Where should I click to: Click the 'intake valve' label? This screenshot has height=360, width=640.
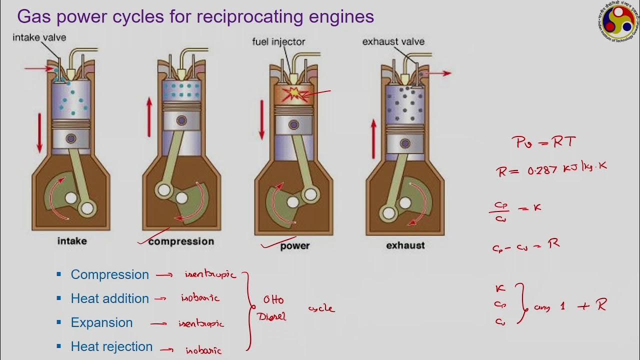point(39,37)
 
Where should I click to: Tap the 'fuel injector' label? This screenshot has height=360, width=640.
point(278,42)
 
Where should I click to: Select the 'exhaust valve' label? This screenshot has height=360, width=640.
point(393,41)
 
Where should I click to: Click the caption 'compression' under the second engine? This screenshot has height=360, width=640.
point(181,241)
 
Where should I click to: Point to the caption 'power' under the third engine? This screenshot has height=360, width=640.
point(295,245)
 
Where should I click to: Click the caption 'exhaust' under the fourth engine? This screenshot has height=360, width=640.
point(405,245)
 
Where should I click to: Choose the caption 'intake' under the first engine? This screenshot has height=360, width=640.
point(72,241)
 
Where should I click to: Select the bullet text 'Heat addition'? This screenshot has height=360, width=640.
point(110,298)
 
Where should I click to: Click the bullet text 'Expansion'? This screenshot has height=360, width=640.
point(102,322)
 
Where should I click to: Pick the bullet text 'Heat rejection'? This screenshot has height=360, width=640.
point(112,346)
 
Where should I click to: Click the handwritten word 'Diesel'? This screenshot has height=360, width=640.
point(271,316)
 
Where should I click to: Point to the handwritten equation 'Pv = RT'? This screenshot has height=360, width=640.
point(543,142)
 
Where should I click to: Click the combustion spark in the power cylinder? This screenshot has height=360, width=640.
point(292,94)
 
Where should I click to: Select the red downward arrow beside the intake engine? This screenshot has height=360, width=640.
point(39,132)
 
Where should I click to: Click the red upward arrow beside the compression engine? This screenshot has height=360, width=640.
point(149,117)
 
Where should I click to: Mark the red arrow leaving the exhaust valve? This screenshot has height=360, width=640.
point(438,73)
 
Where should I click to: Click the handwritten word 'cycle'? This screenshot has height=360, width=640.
point(321,308)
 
